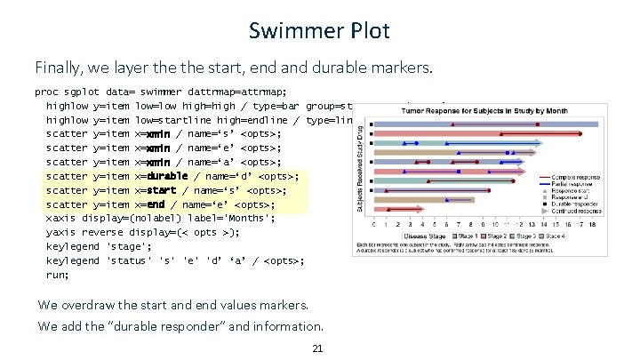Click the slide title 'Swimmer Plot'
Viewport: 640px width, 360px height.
(x=319, y=31)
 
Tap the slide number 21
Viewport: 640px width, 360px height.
(x=317, y=348)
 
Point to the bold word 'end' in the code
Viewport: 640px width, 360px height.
(x=152, y=204)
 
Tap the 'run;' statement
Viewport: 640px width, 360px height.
(x=58, y=275)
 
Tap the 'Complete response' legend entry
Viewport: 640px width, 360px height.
(x=576, y=176)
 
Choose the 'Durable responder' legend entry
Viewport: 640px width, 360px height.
(x=575, y=204)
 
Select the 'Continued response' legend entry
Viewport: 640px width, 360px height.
(x=576, y=212)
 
